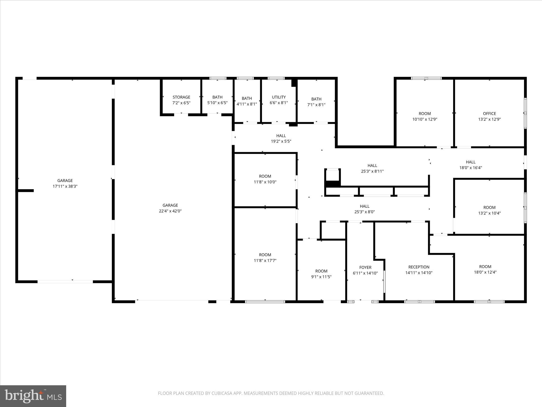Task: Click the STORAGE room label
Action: click(x=182, y=97)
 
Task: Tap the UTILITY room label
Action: click(x=279, y=97)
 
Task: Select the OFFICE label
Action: click(x=489, y=114)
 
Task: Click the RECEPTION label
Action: click(x=419, y=267)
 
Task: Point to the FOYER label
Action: click(x=365, y=268)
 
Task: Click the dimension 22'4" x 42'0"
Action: click(x=170, y=211)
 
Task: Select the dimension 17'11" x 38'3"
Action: click(x=65, y=187)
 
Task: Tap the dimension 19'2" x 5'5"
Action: click(x=281, y=141)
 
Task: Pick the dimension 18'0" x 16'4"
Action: click(x=471, y=168)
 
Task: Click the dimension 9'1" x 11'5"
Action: click(x=322, y=277)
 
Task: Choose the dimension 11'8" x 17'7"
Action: click(x=265, y=261)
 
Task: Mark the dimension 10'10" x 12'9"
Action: click(x=425, y=120)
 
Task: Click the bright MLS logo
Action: click(x=33, y=396)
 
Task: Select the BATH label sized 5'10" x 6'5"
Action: click(x=218, y=97)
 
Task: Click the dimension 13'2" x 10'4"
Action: click(x=489, y=213)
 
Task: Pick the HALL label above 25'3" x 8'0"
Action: click(x=365, y=206)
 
